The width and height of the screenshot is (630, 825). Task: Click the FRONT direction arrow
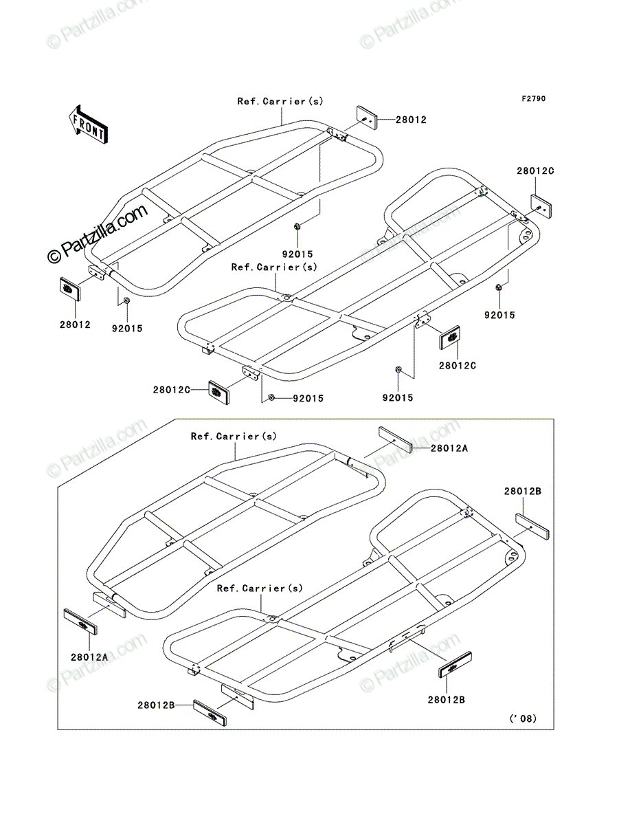tap(88, 124)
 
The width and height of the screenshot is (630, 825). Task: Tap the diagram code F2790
tap(534, 99)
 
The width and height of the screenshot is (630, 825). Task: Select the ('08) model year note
tap(523, 718)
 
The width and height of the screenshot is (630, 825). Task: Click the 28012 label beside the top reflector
tap(411, 120)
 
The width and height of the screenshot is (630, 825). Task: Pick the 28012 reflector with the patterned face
tap(70, 289)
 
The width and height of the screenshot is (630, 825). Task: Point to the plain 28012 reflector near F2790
tap(366, 118)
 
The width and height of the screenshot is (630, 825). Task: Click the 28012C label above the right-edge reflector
tap(535, 170)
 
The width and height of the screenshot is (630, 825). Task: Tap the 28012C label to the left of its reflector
tap(172, 390)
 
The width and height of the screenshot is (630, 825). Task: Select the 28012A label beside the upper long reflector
tap(449, 448)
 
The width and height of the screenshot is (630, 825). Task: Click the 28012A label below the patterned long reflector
tap(89, 657)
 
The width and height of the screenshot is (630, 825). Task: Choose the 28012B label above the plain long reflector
tap(523, 491)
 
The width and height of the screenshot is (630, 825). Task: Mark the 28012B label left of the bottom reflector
tap(156, 705)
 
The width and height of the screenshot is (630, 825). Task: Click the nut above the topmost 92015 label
tap(297, 226)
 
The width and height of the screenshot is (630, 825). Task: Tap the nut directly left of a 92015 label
tap(272, 397)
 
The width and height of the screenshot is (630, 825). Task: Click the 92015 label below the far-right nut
tap(499, 315)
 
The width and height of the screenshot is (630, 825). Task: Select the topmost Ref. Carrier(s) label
tap(280, 101)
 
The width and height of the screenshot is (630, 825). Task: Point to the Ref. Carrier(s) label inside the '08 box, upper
tap(234, 436)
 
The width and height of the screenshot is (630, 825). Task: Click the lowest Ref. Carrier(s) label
tap(260, 588)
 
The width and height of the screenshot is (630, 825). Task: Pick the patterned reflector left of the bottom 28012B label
tap(210, 714)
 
